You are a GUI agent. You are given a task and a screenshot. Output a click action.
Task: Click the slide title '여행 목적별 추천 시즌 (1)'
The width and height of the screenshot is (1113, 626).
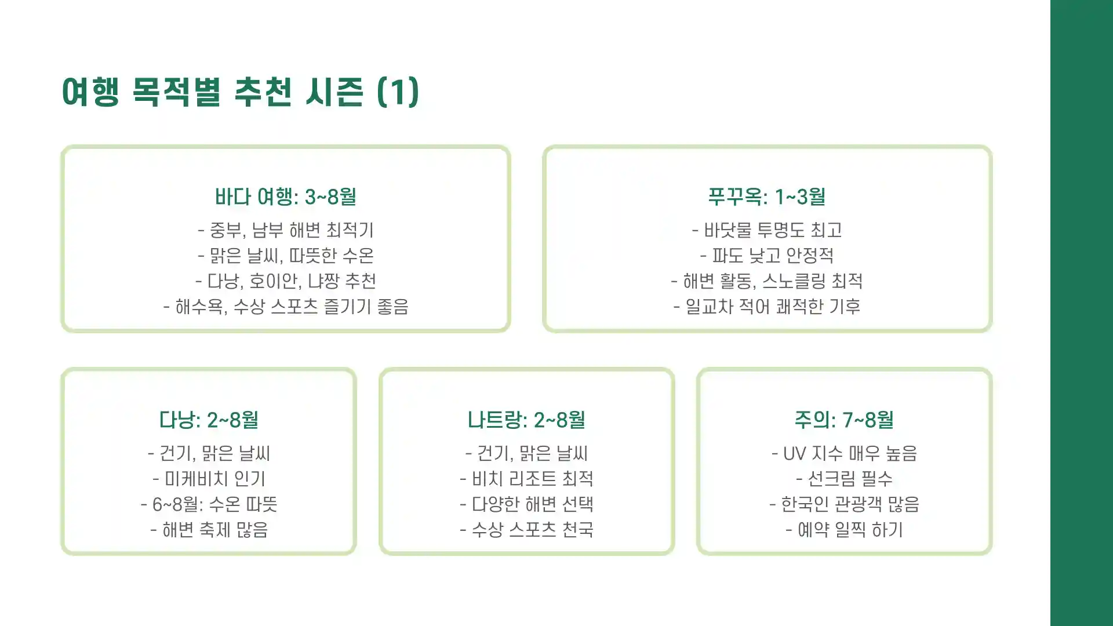tap(240, 92)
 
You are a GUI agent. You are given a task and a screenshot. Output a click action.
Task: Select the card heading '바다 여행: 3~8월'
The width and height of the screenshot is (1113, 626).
tap(285, 197)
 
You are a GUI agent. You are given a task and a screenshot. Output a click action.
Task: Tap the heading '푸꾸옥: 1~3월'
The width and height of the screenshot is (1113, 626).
tap(767, 197)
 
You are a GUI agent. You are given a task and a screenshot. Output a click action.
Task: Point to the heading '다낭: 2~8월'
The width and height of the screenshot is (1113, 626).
tap(209, 420)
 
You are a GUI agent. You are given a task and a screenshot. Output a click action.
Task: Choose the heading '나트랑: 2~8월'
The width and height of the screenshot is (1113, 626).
tap(526, 420)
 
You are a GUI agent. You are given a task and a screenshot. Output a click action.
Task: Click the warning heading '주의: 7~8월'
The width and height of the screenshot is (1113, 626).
tap(844, 420)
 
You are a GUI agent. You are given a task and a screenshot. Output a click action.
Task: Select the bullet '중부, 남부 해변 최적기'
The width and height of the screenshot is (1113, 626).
tap(285, 230)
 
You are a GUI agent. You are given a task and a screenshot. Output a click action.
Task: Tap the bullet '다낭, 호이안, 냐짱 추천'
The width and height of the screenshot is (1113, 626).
tap(285, 281)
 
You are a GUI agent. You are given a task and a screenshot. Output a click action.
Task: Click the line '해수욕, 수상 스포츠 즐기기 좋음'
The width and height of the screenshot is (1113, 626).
tap(285, 307)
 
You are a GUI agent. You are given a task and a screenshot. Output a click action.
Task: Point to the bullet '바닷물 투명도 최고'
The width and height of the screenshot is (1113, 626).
tap(767, 230)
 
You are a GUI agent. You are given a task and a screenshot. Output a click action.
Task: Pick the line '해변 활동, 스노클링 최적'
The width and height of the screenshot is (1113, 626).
tap(767, 281)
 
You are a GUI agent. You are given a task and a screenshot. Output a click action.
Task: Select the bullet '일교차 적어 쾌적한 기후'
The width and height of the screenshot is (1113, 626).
tap(767, 307)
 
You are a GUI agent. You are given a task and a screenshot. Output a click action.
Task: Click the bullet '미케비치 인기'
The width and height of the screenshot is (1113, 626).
tap(209, 479)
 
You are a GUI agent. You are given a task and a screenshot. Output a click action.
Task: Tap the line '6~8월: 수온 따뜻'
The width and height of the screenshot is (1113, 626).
tap(209, 504)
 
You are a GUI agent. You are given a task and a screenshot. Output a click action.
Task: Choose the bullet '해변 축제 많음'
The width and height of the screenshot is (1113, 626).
tap(209, 530)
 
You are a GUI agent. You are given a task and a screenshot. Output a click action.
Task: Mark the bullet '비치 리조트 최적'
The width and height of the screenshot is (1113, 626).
tap(526, 479)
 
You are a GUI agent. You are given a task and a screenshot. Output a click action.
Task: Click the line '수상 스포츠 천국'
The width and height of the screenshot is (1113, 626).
tap(526, 530)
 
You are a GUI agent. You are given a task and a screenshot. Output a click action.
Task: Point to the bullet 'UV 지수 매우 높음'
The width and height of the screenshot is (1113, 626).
tap(844, 453)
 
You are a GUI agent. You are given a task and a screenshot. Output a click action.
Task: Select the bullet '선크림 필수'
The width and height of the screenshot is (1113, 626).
tap(844, 479)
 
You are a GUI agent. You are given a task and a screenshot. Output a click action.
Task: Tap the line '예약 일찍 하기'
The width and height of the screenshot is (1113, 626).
tap(844, 530)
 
